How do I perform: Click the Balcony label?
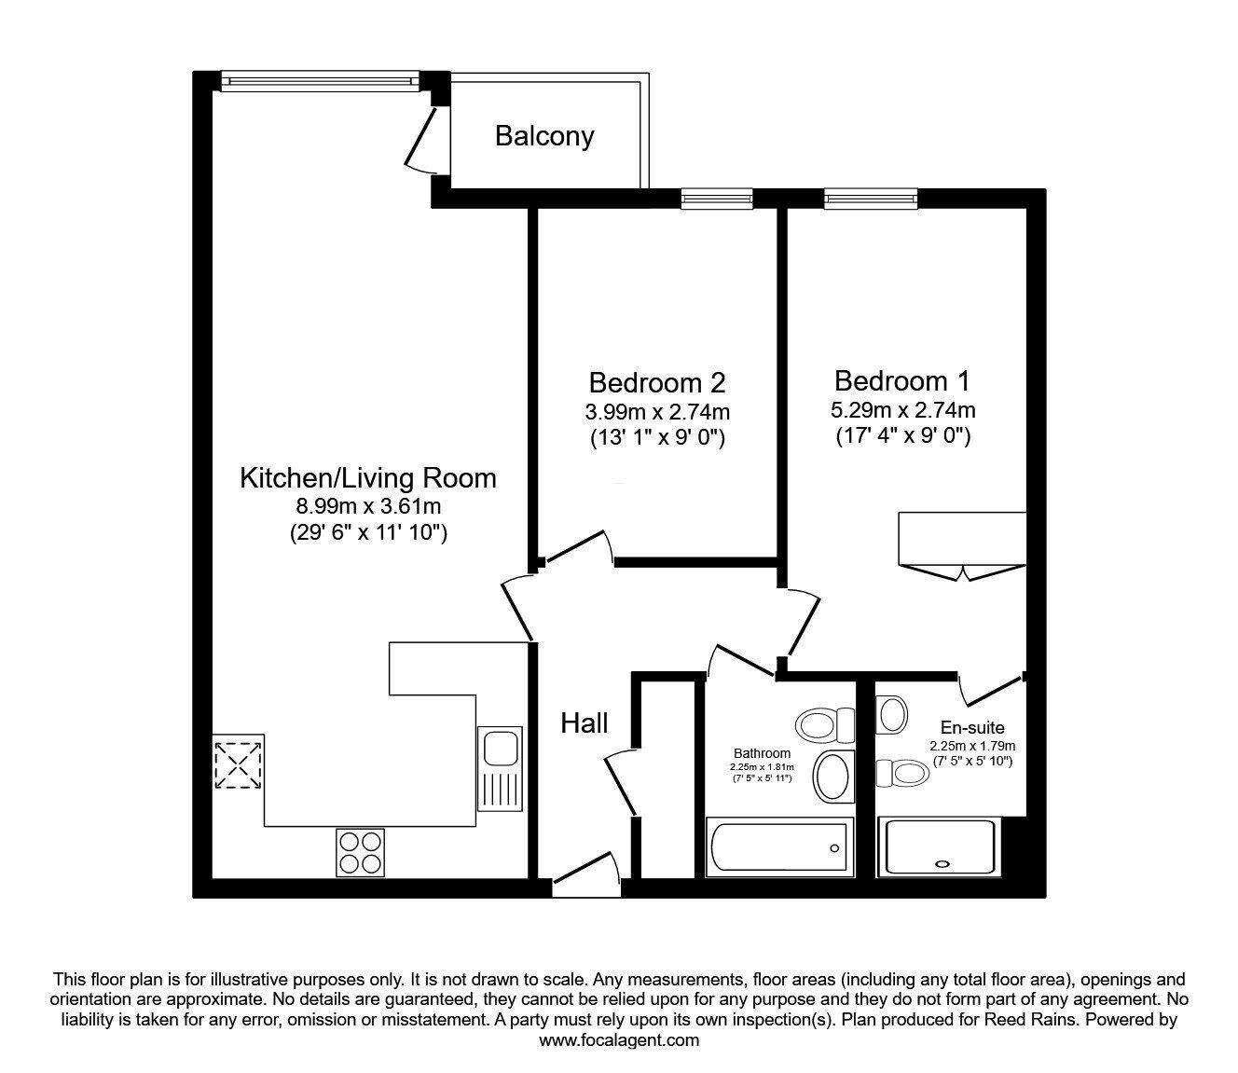(x=544, y=136)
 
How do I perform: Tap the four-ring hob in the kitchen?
(x=361, y=851)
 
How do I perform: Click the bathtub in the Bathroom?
(x=779, y=848)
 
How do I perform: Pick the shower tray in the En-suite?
(x=940, y=846)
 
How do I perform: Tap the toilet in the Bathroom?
(x=825, y=724)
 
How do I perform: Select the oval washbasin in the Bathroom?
(x=832, y=776)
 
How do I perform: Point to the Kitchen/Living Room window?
(x=321, y=82)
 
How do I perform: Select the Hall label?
(x=585, y=722)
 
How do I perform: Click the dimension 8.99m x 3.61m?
(x=368, y=507)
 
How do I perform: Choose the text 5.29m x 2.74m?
(x=902, y=409)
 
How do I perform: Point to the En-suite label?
(x=972, y=727)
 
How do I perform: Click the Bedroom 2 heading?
(x=657, y=382)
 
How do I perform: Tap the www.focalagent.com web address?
(x=619, y=1040)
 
